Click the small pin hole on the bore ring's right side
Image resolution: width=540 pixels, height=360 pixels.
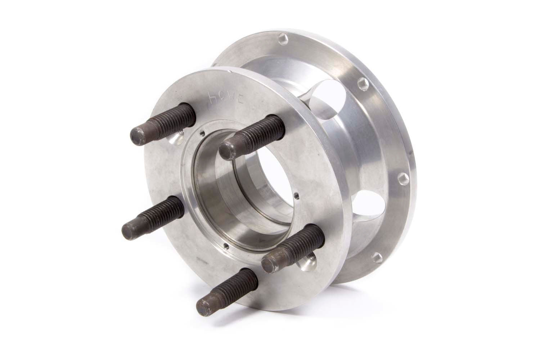click(296, 197)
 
